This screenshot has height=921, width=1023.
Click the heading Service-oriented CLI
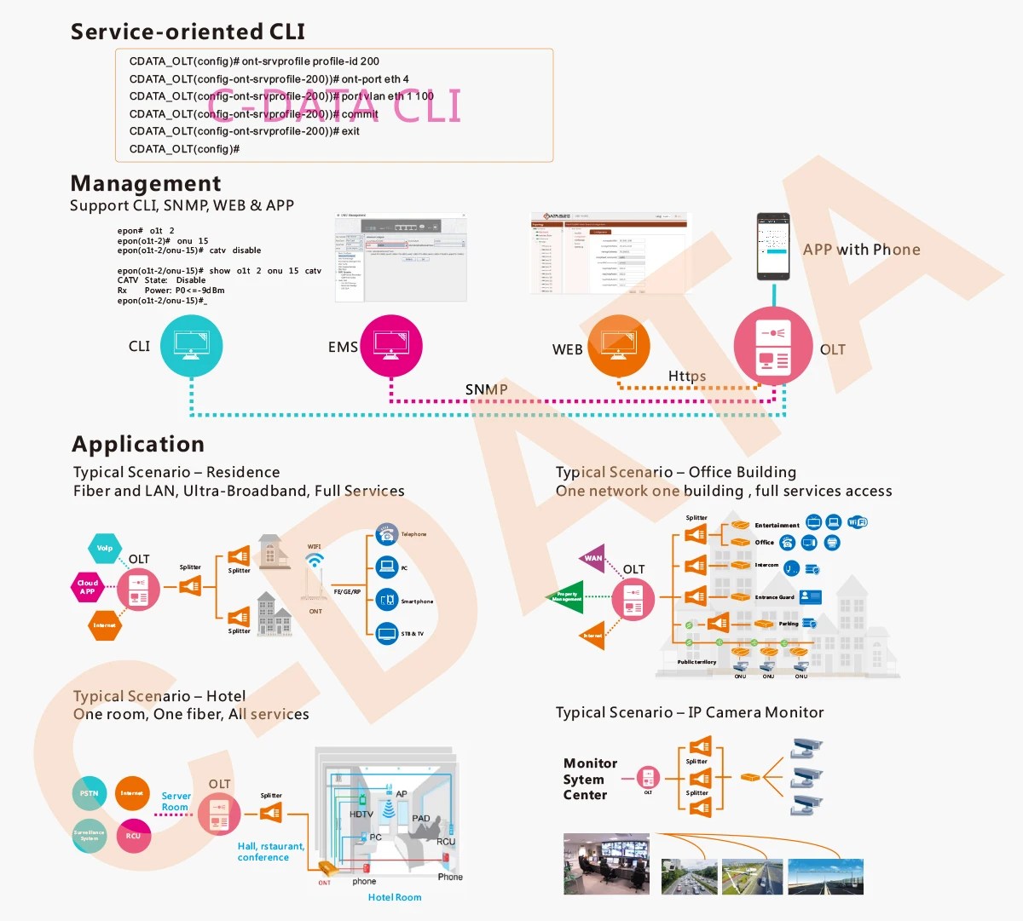coord(188,32)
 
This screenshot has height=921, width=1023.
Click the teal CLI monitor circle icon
coord(191,346)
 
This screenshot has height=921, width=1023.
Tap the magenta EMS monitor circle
coord(391,346)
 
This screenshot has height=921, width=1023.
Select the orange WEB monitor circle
coord(619,346)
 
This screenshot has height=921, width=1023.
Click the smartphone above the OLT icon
coord(773,247)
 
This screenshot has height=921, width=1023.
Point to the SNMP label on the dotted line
coord(486,389)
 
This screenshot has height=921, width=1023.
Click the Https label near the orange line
coord(686,376)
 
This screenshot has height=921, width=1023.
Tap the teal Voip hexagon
coord(105,549)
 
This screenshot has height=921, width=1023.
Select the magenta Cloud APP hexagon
coord(88,587)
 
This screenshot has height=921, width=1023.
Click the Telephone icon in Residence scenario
coord(387,534)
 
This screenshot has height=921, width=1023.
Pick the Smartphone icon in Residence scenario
coord(387,600)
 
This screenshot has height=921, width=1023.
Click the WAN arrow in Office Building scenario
coord(593,559)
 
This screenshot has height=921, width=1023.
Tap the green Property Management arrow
coord(565,596)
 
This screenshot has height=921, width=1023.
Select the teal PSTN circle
coord(90,793)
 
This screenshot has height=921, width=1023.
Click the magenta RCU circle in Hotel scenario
coord(133,836)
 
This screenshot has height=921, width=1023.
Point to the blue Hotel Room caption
coord(395,897)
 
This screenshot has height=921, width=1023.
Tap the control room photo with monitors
coord(606,864)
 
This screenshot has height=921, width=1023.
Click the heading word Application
coord(138,444)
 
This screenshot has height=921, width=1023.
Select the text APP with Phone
coord(861,250)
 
